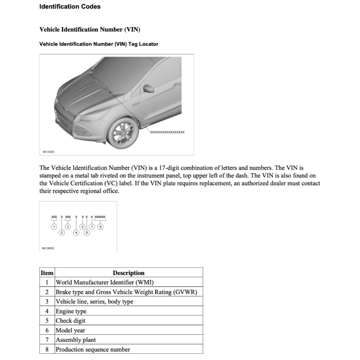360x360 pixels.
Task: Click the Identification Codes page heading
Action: [x=70, y=6]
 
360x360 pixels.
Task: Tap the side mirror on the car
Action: [x=149, y=89]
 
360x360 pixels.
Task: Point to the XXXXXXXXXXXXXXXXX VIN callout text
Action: [x=167, y=132]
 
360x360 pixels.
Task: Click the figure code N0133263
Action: [x=49, y=152]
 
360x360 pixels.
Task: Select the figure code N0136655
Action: [x=48, y=248]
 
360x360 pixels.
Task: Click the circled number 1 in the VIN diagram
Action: [x=54, y=227]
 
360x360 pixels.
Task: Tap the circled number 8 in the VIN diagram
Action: [x=101, y=227]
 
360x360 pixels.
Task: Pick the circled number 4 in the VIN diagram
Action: [x=76, y=233]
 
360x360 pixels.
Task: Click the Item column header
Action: [x=47, y=273]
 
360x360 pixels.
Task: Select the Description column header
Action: [x=128, y=273]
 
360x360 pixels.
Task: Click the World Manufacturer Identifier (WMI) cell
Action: [x=105, y=282]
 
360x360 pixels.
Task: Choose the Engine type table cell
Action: [x=71, y=311]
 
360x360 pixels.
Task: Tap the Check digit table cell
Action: [x=71, y=321]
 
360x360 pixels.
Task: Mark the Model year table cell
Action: [x=70, y=330]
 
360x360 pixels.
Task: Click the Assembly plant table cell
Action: [x=76, y=340]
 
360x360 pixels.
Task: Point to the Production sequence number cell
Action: [x=93, y=349]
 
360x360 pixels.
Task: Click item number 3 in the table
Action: [x=47, y=302]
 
